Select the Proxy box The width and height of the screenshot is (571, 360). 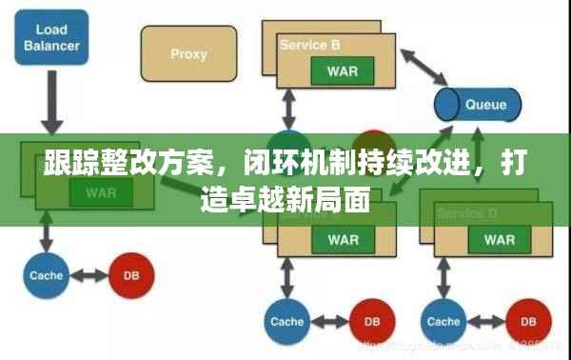pyautogui.click(x=188, y=55)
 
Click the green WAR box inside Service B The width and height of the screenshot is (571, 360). pyautogui.click(x=341, y=72)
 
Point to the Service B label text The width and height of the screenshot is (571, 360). pyautogui.click(x=309, y=45)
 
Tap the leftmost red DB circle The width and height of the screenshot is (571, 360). pyautogui.click(x=129, y=275)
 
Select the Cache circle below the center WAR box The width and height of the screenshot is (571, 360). pyautogui.click(x=285, y=321)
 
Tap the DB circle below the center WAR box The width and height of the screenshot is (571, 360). pyautogui.click(x=370, y=321)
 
